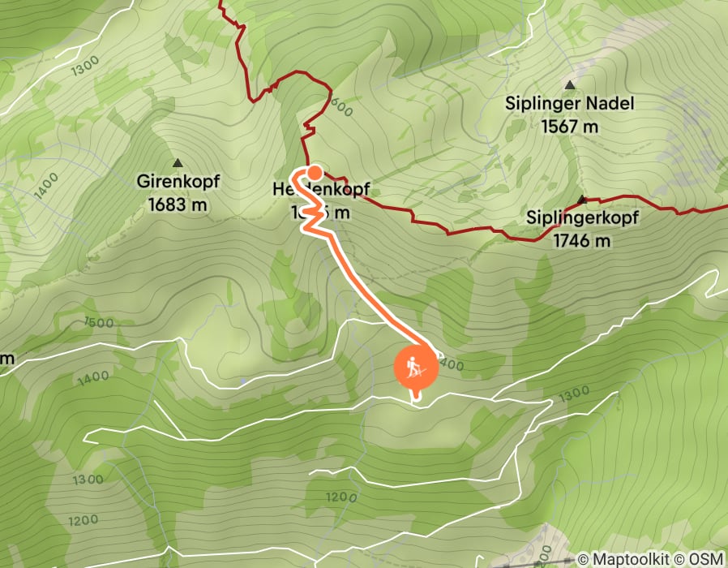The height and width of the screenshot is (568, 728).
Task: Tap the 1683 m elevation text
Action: tap(178, 204)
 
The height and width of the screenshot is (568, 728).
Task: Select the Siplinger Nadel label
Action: tap(569, 104)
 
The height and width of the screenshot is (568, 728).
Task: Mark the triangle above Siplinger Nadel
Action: tap(570, 84)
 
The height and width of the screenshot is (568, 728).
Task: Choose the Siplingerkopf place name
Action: tap(582, 218)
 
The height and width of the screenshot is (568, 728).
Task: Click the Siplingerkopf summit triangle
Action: tap(581, 199)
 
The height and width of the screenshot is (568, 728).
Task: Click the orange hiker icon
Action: tap(416, 367)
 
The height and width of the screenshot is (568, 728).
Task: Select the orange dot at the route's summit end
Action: tap(314, 172)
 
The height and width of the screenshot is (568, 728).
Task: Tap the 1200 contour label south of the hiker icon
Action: tap(340, 496)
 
